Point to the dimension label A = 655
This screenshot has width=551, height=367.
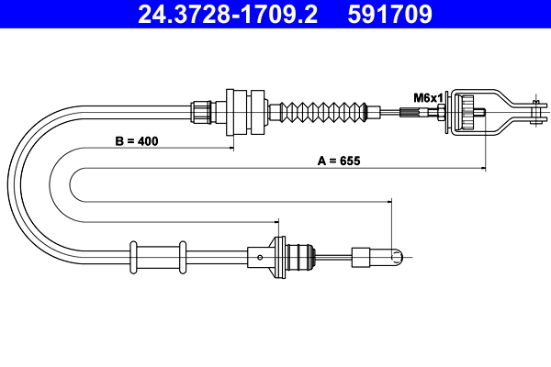pyautogui.click(x=339, y=161)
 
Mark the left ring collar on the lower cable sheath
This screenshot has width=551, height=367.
pyautogui.click(x=134, y=255)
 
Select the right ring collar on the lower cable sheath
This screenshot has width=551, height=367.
pyautogui.click(x=183, y=255)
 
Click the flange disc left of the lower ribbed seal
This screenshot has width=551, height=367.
pyautogui.click(x=276, y=255)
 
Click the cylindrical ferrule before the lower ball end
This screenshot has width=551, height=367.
pyautogui.click(x=362, y=256)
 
